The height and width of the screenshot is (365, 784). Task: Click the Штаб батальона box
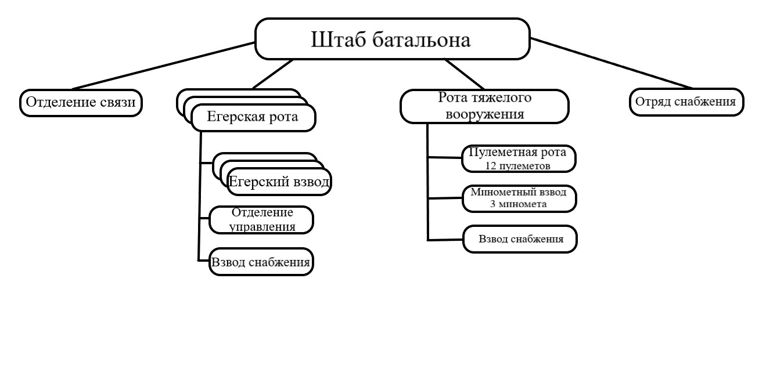pyautogui.click(x=393, y=39)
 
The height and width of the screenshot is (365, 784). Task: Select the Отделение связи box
pyautogui.click(x=81, y=103)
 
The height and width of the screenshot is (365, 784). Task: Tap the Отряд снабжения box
pyautogui.click(x=686, y=102)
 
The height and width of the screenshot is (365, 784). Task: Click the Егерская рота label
pyautogui.click(x=253, y=117)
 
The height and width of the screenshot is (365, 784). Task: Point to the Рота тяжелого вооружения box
pyautogui.click(x=484, y=106)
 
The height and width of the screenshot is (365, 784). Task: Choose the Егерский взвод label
pyautogui.click(x=279, y=182)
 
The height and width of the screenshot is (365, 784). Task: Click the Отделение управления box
pyautogui.click(x=261, y=220)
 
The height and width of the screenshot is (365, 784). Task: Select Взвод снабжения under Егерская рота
pyautogui.click(x=261, y=262)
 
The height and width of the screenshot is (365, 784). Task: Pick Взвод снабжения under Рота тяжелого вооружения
pyautogui.click(x=520, y=239)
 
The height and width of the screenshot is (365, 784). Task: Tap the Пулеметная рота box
pyautogui.click(x=519, y=159)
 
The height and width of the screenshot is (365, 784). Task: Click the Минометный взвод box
pyautogui.click(x=519, y=198)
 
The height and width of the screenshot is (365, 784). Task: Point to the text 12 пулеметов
pyautogui.click(x=517, y=166)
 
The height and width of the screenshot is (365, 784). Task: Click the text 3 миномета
pyautogui.click(x=519, y=204)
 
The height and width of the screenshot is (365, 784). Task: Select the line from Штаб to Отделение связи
pyautogui.click(x=164, y=66)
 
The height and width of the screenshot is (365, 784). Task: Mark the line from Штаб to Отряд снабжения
pyautogui.click(x=611, y=63)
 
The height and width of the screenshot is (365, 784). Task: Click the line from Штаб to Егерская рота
pyautogui.click(x=272, y=74)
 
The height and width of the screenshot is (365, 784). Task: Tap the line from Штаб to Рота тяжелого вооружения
pyautogui.click(x=465, y=74)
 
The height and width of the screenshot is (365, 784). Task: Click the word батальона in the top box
pyautogui.click(x=422, y=39)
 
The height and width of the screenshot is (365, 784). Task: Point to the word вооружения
pyautogui.click(x=485, y=114)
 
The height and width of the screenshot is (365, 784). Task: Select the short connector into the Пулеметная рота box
pyautogui.click(x=444, y=158)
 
